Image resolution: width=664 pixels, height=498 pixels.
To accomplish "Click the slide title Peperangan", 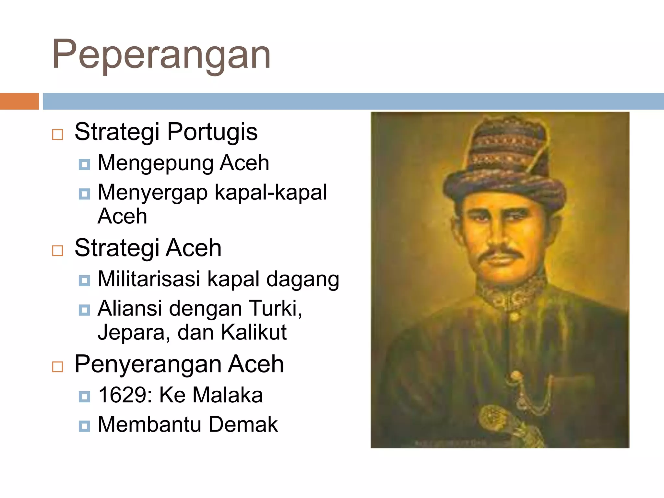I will point(161,54).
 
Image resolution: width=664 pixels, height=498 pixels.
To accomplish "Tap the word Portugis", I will point(212,132).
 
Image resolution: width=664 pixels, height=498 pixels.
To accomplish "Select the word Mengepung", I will point(155,163).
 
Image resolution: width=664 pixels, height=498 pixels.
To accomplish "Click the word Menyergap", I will point(153,193).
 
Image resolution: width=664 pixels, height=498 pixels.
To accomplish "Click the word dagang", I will point(302,279).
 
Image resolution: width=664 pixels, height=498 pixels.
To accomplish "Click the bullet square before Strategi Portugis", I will point(57,134).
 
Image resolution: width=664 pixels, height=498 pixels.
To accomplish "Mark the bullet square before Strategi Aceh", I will point(57,250).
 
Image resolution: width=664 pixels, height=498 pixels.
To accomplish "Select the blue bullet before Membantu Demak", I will point(84,426).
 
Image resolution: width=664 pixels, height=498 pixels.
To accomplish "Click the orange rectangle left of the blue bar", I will point(19,101).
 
